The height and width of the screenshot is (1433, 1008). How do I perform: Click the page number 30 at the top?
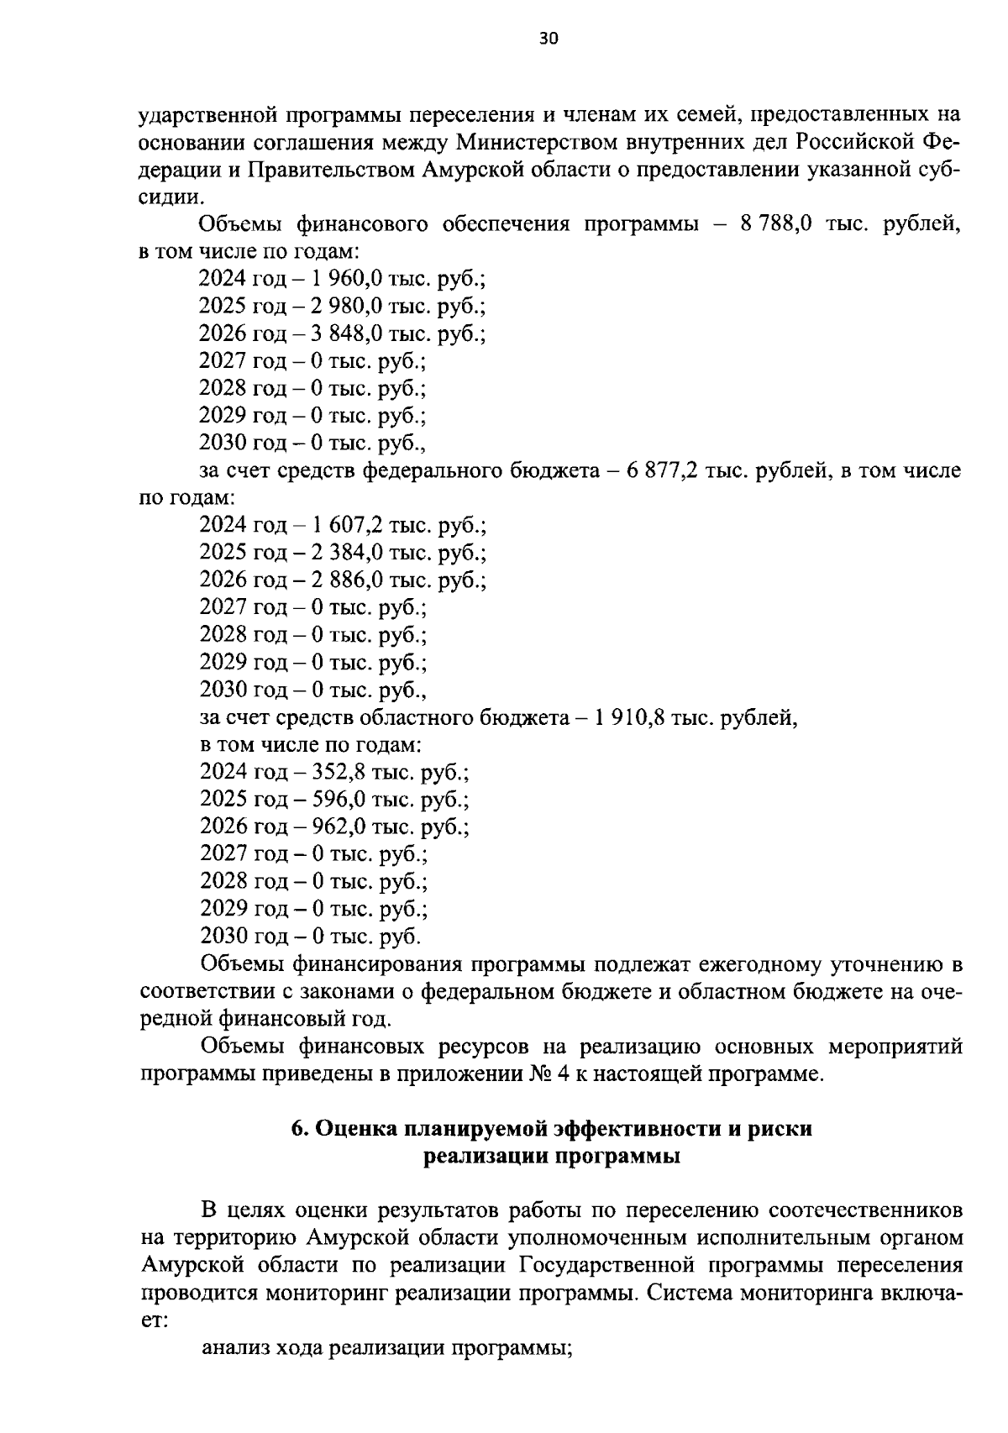click(548, 39)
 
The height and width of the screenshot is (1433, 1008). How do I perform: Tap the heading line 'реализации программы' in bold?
click(552, 1157)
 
